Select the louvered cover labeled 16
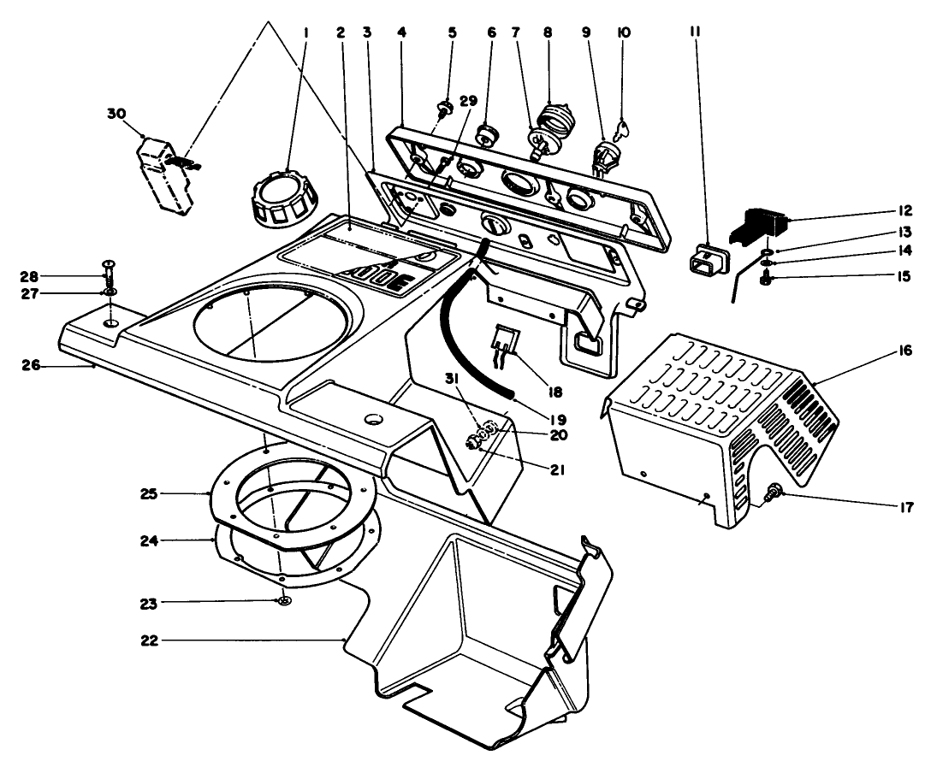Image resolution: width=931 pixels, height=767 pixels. [x=719, y=419]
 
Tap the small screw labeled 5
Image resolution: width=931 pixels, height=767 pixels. [x=444, y=109]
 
